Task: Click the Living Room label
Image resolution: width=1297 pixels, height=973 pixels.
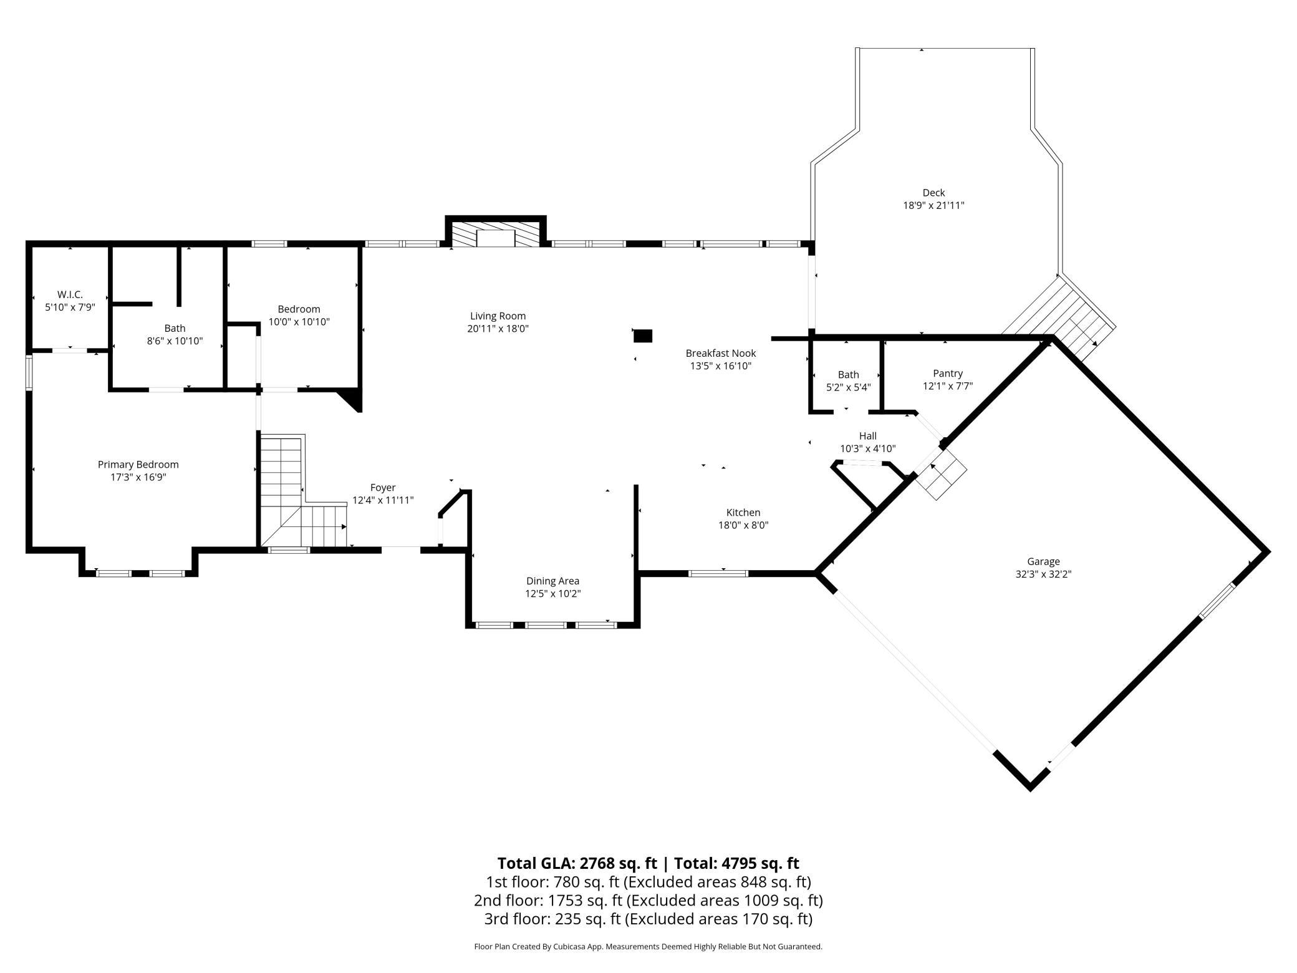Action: tap(498, 316)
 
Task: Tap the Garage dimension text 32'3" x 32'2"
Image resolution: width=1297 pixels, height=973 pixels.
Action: tap(1043, 574)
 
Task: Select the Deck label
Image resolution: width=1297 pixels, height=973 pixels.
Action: tap(933, 193)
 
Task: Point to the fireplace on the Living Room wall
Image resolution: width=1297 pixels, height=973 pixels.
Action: tap(496, 232)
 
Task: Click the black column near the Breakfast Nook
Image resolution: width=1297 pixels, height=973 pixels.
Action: tap(643, 336)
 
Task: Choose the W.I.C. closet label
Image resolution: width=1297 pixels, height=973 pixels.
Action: tap(70, 294)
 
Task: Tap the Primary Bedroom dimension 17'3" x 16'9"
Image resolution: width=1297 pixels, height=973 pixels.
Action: tap(138, 477)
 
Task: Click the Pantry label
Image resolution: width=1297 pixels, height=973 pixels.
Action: tap(948, 374)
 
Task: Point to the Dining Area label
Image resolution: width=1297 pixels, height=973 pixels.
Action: tap(552, 581)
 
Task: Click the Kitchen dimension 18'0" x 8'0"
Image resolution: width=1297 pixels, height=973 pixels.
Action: tap(743, 525)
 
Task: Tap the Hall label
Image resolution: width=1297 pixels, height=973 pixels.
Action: tap(867, 436)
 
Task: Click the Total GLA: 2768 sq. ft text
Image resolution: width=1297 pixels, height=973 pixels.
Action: tap(577, 863)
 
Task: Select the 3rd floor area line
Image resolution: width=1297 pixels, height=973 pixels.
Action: tap(648, 919)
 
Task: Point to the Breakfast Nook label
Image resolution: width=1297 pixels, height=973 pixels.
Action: tap(721, 353)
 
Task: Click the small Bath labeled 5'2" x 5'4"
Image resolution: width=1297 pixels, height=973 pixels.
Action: tap(848, 375)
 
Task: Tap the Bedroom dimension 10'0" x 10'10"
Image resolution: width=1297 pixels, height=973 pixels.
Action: tap(299, 322)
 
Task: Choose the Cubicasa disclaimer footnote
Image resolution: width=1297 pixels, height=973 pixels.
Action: tap(648, 946)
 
